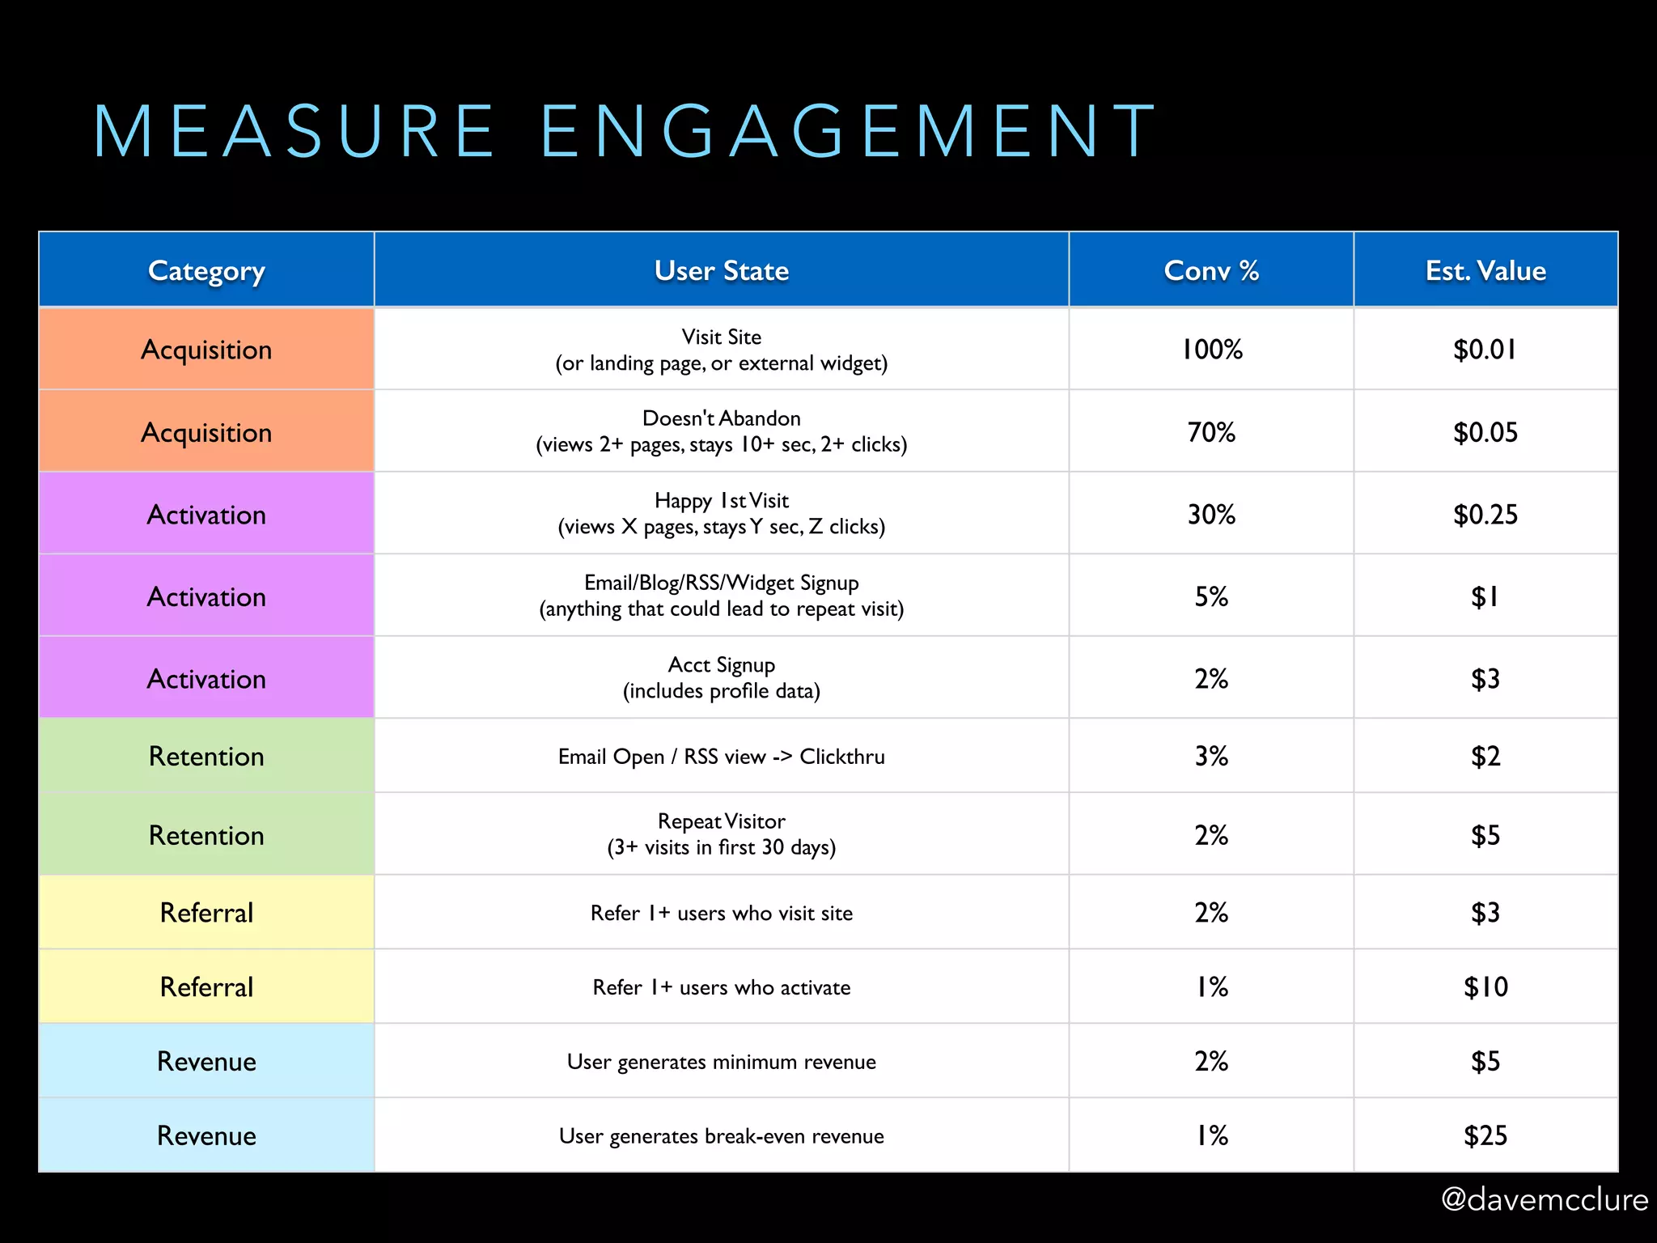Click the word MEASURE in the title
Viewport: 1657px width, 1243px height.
coord(293,131)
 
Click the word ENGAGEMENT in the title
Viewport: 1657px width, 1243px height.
coord(848,131)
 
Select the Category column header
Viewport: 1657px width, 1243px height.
coord(206,270)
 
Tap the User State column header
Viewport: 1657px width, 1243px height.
coord(721,270)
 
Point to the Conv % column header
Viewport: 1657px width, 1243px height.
coord(1211,270)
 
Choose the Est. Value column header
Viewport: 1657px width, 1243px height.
coord(1485,270)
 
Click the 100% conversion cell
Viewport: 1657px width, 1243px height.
coord(1211,350)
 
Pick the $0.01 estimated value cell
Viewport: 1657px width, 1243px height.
coord(1485,350)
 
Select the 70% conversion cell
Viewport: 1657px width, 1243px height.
coord(1211,432)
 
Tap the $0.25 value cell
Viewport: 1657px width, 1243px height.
coord(1485,515)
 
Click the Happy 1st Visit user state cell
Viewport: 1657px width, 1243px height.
coord(721,514)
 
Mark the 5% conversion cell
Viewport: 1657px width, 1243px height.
coord(1211,597)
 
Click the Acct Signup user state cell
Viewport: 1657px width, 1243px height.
coord(721,678)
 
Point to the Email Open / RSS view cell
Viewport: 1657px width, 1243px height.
coord(721,757)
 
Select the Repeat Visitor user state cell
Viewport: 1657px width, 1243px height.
coord(721,834)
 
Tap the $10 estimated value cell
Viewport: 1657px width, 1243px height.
coord(1485,987)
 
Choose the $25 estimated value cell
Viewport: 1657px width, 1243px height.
coord(1485,1136)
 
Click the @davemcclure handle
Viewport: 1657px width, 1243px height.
coord(1544,1199)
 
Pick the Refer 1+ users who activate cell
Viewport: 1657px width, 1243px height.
coord(721,987)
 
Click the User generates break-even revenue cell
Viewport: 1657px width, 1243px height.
coord(721,1136)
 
